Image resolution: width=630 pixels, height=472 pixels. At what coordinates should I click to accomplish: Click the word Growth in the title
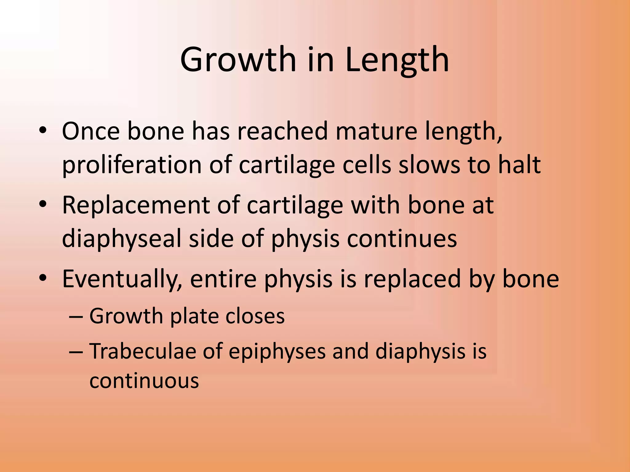pos(238,60)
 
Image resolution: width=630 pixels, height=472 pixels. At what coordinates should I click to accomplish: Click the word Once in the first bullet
pos(90,131)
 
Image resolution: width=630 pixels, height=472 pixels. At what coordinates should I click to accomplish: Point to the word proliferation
pos(132,165)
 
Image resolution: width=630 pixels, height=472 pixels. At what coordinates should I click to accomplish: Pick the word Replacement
pos(136,205)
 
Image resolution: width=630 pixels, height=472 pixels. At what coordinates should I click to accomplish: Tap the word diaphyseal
pos(122,239)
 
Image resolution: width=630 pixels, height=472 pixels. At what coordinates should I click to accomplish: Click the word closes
pos(255,316)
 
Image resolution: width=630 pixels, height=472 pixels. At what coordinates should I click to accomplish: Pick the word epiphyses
pos(277,351)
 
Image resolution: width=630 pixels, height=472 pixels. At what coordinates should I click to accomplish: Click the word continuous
pos(144,381)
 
